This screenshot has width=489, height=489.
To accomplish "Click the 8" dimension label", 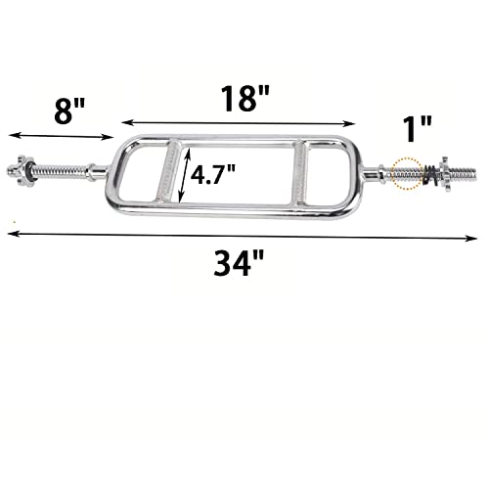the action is click(x=69, y=111).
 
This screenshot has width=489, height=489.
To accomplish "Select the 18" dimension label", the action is click(x=245, y=99).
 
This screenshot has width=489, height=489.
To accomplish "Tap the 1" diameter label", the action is click(x=418, y=129).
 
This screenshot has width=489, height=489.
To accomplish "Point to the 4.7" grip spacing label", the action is click(x=212, y=174).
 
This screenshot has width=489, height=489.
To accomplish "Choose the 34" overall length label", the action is click(x=239, y=263).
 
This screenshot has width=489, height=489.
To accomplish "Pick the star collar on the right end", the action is click(x=445, y=173).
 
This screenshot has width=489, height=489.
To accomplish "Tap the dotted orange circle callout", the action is click(x=407, y=173).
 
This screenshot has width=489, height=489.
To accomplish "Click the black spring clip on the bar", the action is click(x=429, y=175).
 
